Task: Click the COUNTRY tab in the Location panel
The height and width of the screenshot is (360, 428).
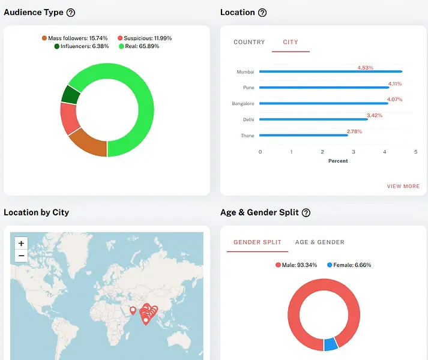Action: tap(249, 42)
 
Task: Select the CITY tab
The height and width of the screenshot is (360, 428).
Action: tap(291, 42)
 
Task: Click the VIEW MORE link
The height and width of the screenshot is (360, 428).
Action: tap(403, 187)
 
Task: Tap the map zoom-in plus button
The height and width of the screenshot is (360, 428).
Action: tap(22, 244)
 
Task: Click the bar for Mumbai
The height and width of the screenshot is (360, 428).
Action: tap(331, 72)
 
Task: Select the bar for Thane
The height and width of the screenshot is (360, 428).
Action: tap(304, 136)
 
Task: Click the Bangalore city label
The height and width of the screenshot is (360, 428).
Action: tap(243, 104)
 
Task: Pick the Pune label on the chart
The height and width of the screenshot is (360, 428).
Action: tap(249, 88)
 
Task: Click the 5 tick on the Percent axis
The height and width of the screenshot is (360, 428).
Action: tap(415, 152)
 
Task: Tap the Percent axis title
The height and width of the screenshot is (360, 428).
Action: tap(338, 161)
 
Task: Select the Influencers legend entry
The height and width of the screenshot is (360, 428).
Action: tap(82, 46)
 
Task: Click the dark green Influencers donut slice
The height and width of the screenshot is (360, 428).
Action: tap(71, 94)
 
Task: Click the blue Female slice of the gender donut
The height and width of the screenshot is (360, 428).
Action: tap(330, 344)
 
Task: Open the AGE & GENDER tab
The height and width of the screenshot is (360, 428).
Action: tap(319, 242)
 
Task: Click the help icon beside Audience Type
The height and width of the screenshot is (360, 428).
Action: tap(71, 13)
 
